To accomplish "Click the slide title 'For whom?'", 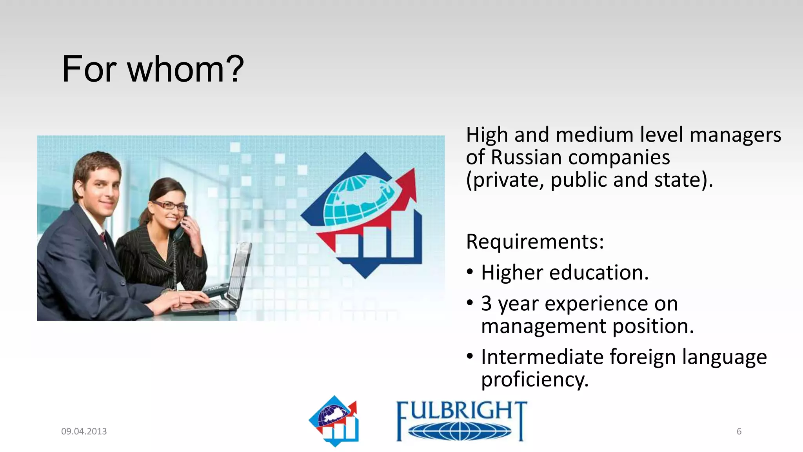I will (153, 69).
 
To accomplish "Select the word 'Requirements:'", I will (535, 241).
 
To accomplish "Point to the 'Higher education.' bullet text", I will (565, 273).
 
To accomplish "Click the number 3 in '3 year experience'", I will (487, 303).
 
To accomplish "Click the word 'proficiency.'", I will (535, 380).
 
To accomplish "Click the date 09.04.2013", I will (84, 431).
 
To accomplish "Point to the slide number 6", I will (739, 431).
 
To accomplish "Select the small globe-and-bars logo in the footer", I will (334, 421).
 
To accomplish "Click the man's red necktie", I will (103, 238).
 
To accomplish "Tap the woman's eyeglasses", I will (169, 205).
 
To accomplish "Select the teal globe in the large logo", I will (357, 200).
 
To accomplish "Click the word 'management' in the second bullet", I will (543, 326).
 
